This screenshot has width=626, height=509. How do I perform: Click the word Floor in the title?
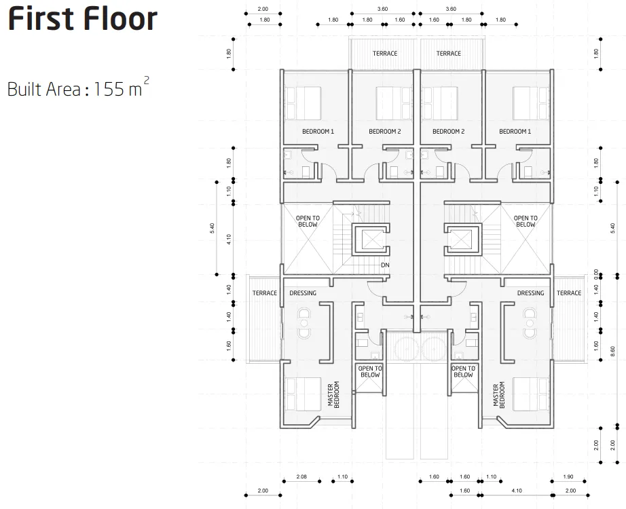[119, 19]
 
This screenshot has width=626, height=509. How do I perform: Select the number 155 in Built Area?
[109, 89]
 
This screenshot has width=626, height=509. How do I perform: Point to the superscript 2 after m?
[147, 81]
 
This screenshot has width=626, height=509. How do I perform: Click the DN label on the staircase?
[385, 265]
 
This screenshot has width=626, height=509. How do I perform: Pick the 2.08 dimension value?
[301, 476]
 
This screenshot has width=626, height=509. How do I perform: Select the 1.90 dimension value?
[568, 476]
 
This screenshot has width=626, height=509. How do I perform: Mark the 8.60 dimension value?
[613, 352]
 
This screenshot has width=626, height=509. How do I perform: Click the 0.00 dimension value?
[596, 274]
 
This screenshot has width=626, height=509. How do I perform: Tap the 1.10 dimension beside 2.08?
[342, 476]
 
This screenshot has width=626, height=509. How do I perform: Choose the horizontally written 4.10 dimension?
[517, 491]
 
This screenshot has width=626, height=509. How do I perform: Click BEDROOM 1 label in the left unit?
[318, 132]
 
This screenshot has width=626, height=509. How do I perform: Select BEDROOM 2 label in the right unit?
[448, 132]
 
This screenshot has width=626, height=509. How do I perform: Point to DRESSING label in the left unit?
[303, 293]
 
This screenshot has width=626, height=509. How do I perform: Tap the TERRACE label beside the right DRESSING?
[569, 293]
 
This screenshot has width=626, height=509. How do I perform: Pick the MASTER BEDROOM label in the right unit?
[498, 394]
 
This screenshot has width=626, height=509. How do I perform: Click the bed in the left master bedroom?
[303, 394]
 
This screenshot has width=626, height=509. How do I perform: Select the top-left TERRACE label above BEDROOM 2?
[385, 54]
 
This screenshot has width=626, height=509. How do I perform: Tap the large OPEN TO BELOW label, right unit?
[526, 221]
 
